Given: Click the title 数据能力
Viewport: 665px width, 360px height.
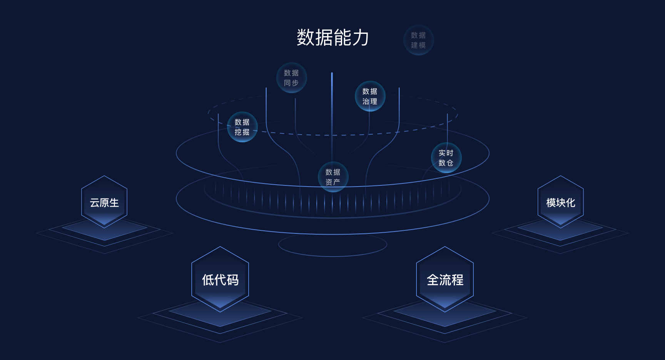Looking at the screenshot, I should click(332, 38).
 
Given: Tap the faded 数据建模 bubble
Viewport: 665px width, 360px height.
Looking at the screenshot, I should click(418, 40).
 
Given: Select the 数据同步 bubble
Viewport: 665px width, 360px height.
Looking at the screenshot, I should click(291, 78).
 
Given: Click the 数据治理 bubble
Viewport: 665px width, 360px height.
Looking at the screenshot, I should click(370, 96).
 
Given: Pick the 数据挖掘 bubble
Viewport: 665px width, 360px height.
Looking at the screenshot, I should click(242, 127).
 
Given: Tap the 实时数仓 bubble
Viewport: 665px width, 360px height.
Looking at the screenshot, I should click(446, 158).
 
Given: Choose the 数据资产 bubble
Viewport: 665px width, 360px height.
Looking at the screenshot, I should click(333, 177).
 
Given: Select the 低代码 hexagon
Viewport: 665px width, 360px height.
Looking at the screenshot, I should click(220, 279).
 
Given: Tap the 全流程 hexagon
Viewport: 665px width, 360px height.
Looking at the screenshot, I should click(445, 279).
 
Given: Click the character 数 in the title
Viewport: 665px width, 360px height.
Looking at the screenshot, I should click(306, 38).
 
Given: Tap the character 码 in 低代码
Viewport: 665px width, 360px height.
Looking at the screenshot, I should click(233, 280).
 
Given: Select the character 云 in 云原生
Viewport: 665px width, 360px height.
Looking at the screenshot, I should click(95, 203).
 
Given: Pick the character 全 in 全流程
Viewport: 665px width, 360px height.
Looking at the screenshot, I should click(433, 280).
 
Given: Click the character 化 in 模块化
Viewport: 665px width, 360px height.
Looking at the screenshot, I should click(570, 203).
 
